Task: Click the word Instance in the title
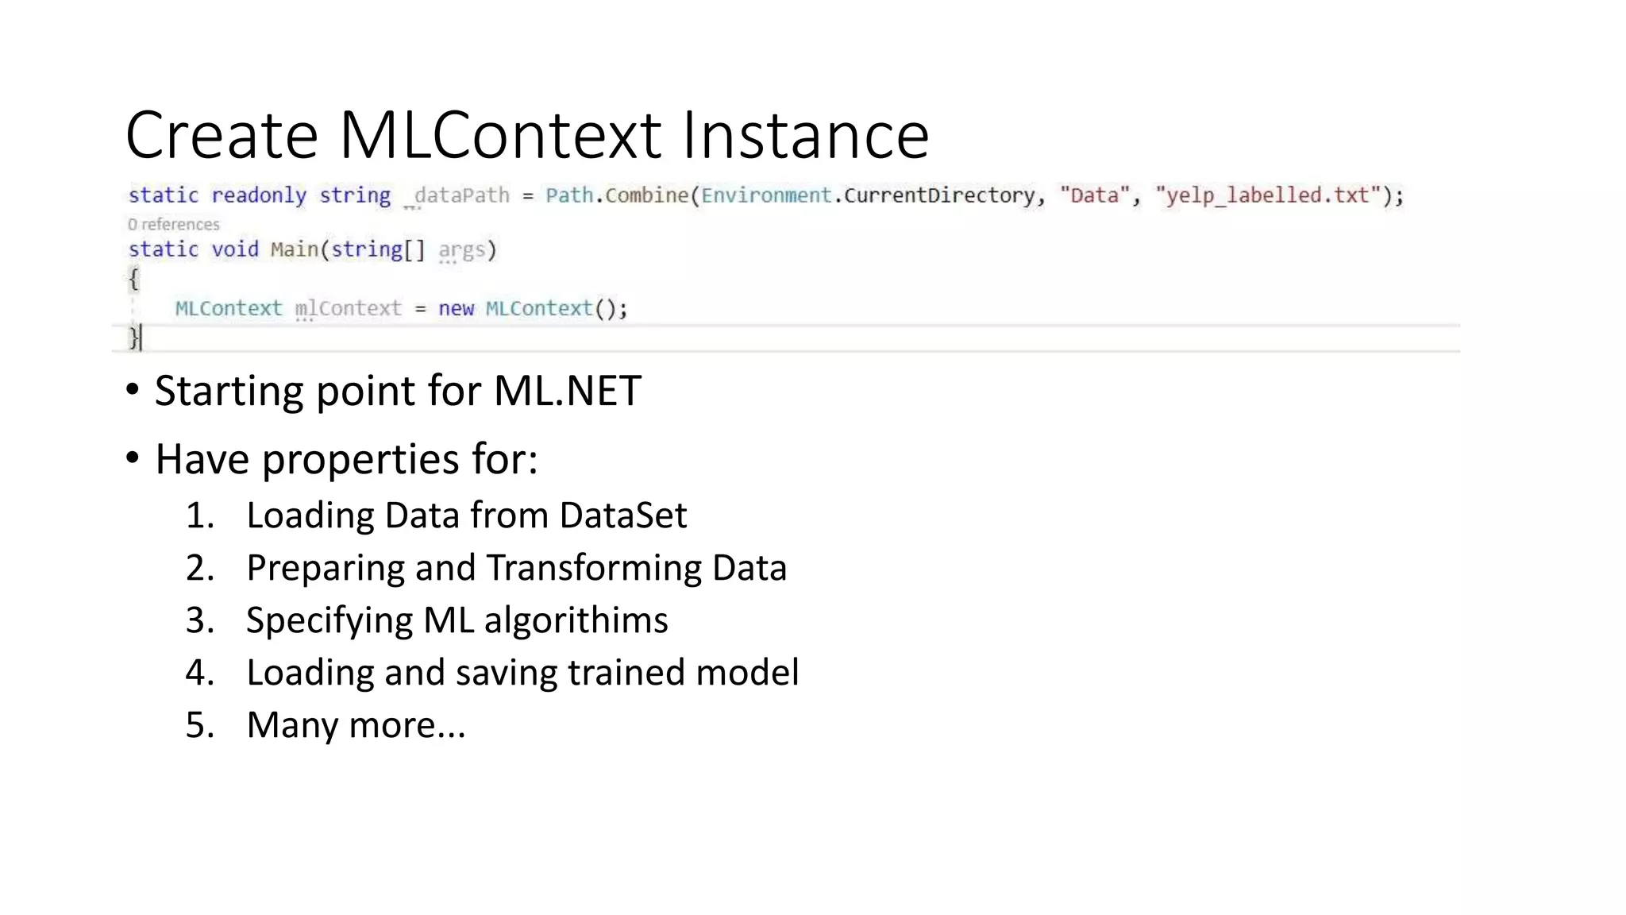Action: [x=805, y=135]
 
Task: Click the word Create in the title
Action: [x=222, y=135]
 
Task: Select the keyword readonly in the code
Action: [x=259, y=195]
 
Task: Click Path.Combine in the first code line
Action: [x=617, y=195]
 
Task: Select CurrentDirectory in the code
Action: [x=939, y=195]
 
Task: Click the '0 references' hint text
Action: [x=173, y=225]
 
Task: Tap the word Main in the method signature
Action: [x=294, y=249]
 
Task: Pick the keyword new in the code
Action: [x=456, y=309]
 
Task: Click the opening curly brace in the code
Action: [x=133, y=279]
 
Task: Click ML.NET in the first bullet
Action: [x=567, y=391]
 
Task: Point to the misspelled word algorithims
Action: [x=576, y=620]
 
